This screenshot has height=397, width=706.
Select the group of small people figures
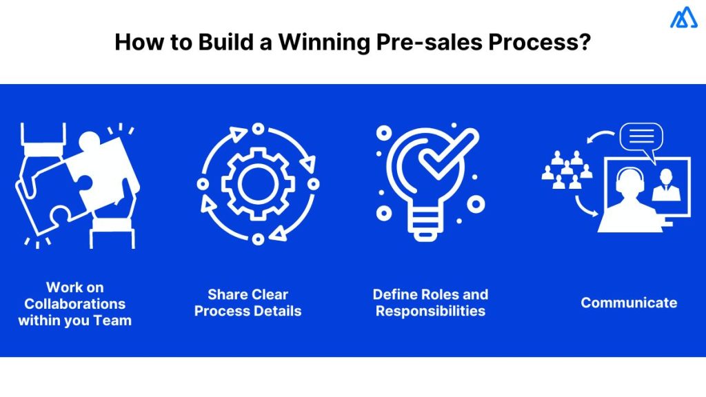click(x=567, y=171)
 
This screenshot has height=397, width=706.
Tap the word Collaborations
click(x=75, y=303)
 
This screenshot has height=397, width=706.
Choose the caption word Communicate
click(x=629, y=303)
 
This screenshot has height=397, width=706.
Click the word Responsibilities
click(x=430, y=311)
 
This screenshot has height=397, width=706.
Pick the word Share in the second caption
click(x=228, y=294)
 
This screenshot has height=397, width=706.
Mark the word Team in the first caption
click(x=113, y=320)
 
